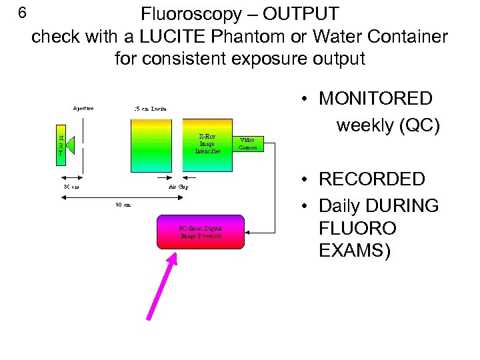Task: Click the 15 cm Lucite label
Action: point(150,108)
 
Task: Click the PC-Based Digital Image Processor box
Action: point(201,232)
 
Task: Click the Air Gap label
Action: point(178,187)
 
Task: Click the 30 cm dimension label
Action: point(71,187)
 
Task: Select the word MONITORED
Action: point(376,99)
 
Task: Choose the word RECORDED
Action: point(372,179)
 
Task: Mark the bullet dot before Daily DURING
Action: point(303,206)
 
